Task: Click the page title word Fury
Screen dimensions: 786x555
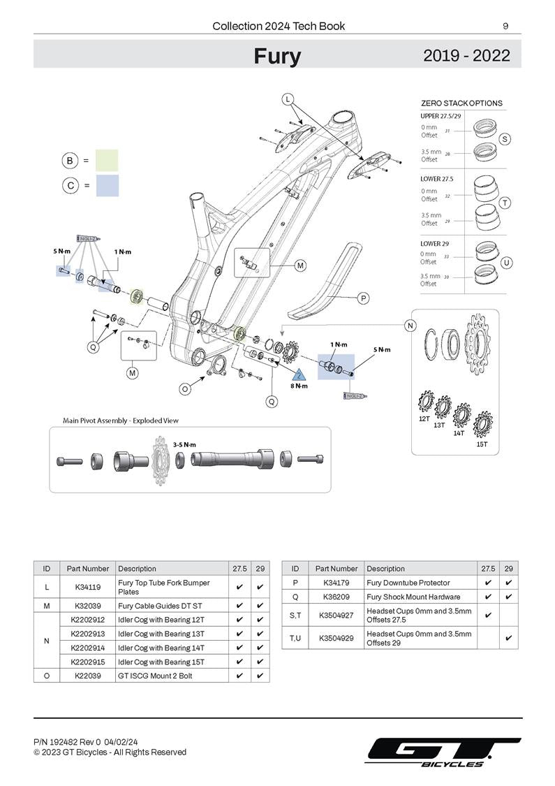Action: (277, 56)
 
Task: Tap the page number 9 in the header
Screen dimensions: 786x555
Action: (505, 27)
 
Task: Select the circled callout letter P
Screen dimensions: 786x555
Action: (363, 298)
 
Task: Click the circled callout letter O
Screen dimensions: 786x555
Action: (185, 388)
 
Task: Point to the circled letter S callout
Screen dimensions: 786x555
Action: (505, 139)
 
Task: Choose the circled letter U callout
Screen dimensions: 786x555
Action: (507, 263)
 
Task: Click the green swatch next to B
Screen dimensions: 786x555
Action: (107, 160)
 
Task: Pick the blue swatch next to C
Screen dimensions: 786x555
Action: (107, 186)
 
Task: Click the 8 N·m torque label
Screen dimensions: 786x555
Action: (299, 386)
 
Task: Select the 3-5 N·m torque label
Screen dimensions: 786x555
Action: (184, 444)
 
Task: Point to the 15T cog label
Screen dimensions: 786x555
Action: (482, 444)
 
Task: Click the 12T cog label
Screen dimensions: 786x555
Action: (424, 419)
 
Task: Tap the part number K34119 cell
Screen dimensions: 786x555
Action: (87, 587)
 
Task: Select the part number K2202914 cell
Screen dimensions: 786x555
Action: (87, 648)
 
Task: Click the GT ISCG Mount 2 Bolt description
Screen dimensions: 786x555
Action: (155, 676)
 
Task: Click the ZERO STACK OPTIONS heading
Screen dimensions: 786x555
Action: (461, 103)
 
